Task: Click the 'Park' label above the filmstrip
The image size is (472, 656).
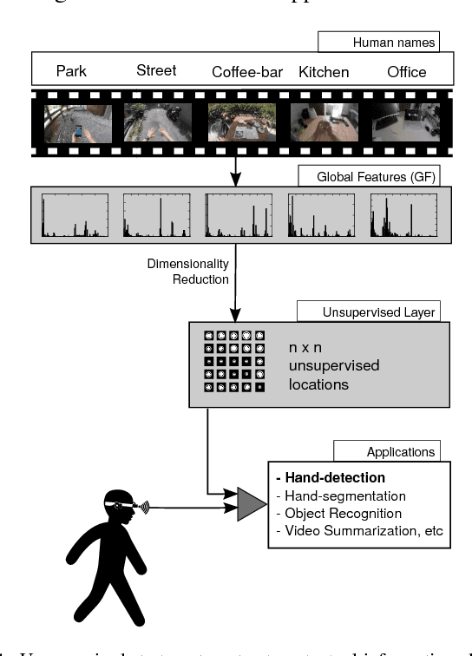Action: coord(72,71)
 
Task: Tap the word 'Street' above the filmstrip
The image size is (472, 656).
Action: coord(156,70)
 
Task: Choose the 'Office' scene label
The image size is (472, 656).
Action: coord(406,71)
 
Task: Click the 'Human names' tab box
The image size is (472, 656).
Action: coord(378,42)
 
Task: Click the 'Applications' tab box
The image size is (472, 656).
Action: coord(386,452)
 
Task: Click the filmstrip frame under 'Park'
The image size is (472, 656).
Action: coord(78,122)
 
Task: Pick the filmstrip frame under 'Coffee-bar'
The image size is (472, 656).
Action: coord(241,122)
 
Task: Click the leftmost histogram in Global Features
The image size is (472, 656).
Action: coord(75,215)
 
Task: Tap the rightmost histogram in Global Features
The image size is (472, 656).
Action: coord(403,215)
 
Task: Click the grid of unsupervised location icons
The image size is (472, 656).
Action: coord(233,361)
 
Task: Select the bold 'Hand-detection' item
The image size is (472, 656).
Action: coord(330,478)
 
